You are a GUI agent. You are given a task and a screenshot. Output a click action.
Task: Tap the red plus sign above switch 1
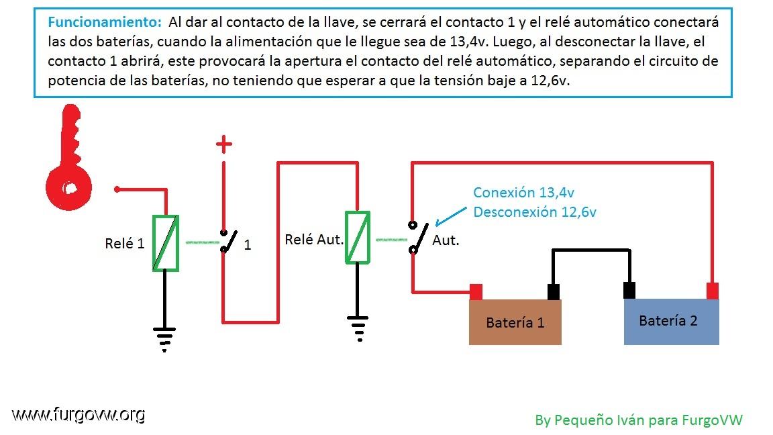click(x=224, y=144)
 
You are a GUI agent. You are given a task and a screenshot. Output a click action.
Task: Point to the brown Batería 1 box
click(x=515, y=322)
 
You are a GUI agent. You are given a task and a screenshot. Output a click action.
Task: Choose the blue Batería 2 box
click(x=672, y=322)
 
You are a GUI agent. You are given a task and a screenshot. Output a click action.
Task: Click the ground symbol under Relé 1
click(x=164, y=339)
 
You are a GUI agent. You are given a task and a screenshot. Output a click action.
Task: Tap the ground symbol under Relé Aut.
click(x=358, y=328)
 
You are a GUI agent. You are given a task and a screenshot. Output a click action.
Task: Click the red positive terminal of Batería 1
click(x=476, y=291)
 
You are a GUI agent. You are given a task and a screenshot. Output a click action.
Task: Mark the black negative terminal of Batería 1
click(x=554, y=291)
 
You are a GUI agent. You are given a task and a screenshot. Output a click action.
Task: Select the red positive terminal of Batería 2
click(x=713, y=291)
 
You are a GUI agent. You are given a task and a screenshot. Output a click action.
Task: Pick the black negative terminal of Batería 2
click(x=629, y=291)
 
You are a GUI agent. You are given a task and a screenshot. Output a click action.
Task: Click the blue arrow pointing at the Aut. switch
click(x=451, y=216)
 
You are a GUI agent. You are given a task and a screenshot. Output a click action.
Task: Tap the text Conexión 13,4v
click(x=523, y=193)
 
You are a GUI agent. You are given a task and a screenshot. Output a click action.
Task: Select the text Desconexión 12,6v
click(x=535, y=212)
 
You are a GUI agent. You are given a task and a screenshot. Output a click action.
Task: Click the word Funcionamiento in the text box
click(x=105, y=21)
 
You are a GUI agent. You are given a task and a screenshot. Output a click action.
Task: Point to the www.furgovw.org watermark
click(x=79, y=415)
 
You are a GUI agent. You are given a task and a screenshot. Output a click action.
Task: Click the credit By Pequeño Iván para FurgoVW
click(x=639, y=420)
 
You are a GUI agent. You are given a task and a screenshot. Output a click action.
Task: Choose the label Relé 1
click(x=125, y=243)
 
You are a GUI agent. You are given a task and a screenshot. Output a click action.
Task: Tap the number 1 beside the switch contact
click(x=248, y=244)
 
